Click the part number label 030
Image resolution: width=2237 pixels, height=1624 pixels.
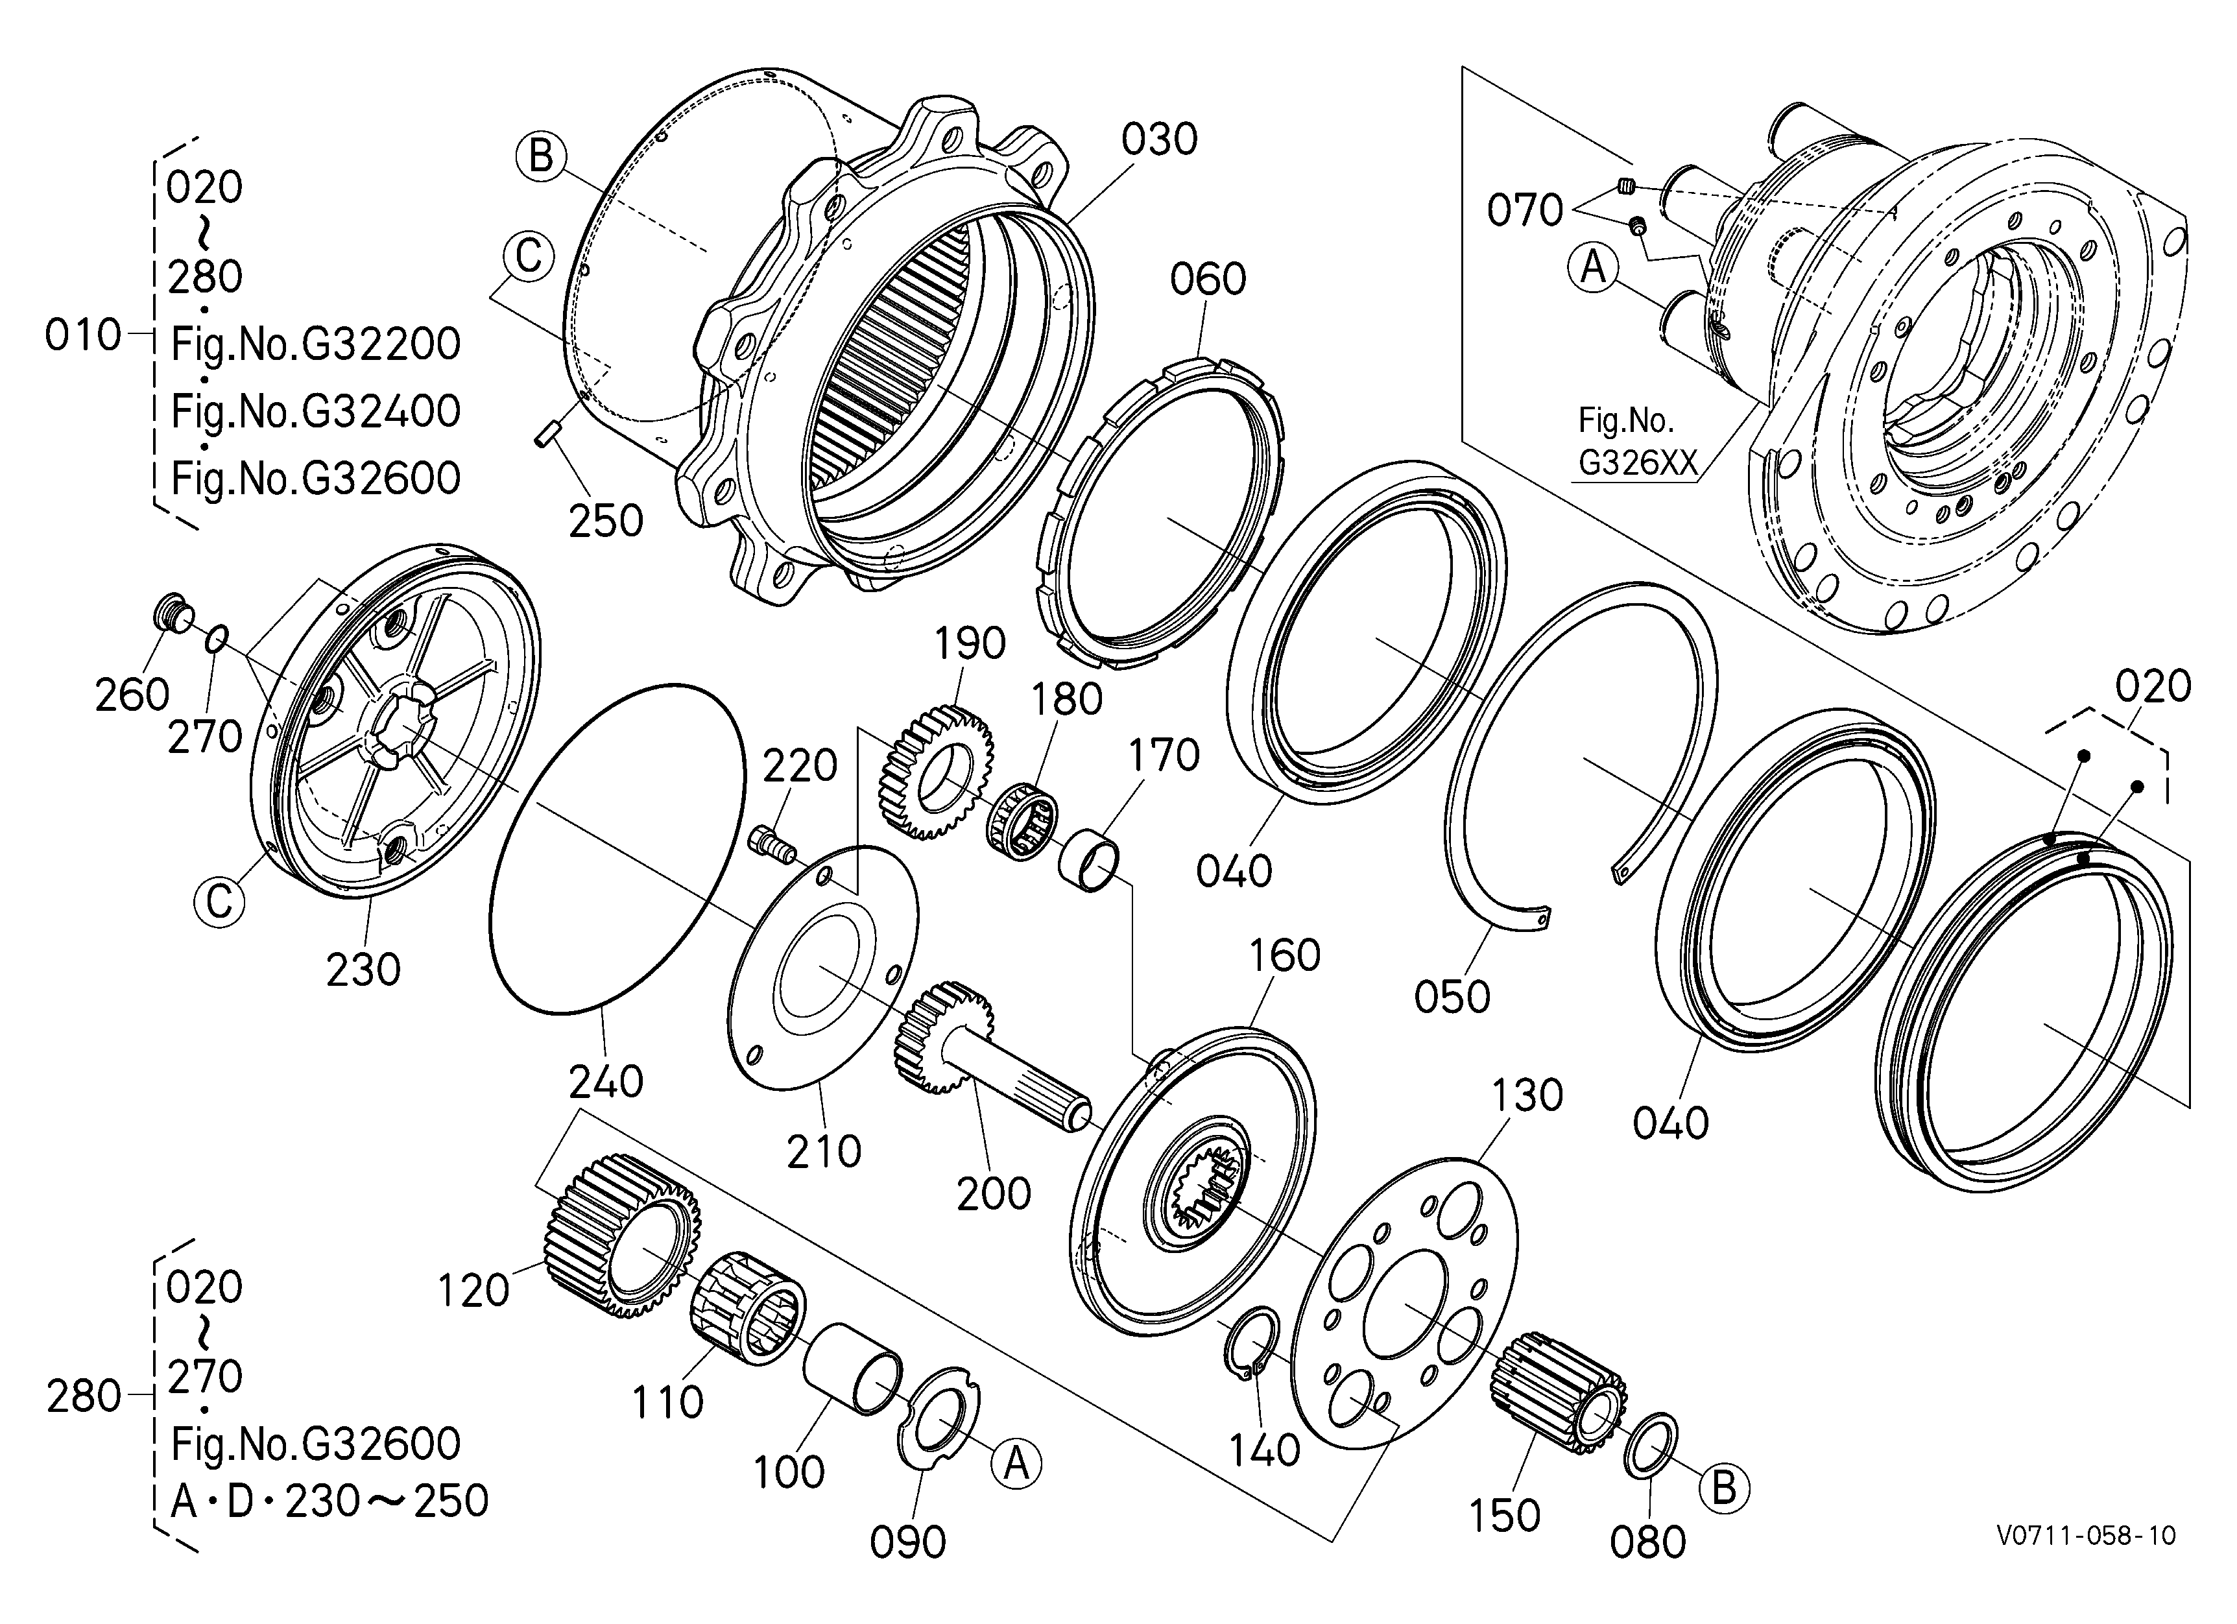click(1159, 140)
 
